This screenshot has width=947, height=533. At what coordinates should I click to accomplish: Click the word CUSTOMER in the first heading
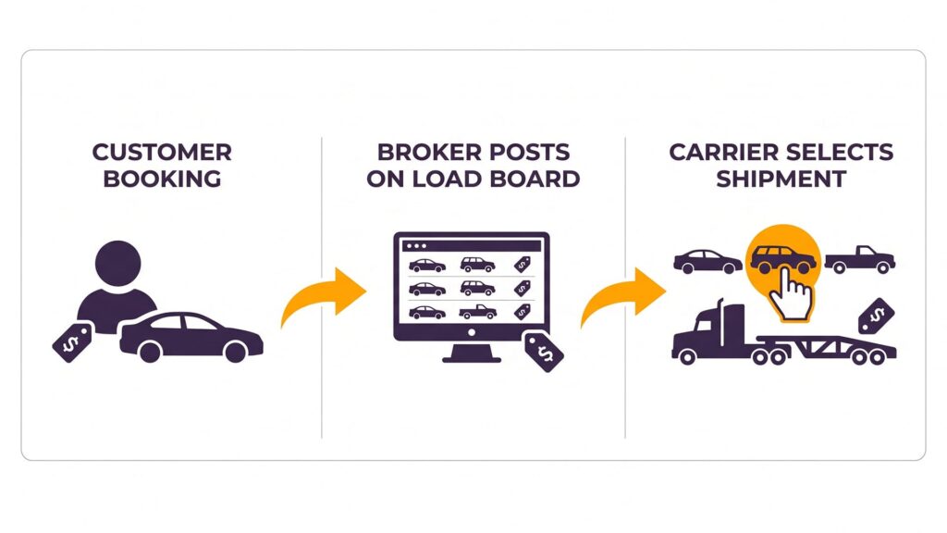(162, 152)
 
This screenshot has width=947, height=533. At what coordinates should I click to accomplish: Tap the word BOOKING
(162, 178)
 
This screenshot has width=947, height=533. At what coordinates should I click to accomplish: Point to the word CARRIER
(721, 152)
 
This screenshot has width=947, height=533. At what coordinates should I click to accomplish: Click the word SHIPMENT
(781, 178)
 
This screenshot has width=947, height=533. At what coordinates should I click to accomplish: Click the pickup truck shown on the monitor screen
(479, 312)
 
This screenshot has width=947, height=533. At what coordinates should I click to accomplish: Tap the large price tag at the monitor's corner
(544, 351)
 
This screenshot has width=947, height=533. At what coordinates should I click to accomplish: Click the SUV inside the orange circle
(781, 259)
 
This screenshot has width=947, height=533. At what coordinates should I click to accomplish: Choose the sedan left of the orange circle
(707, 261)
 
